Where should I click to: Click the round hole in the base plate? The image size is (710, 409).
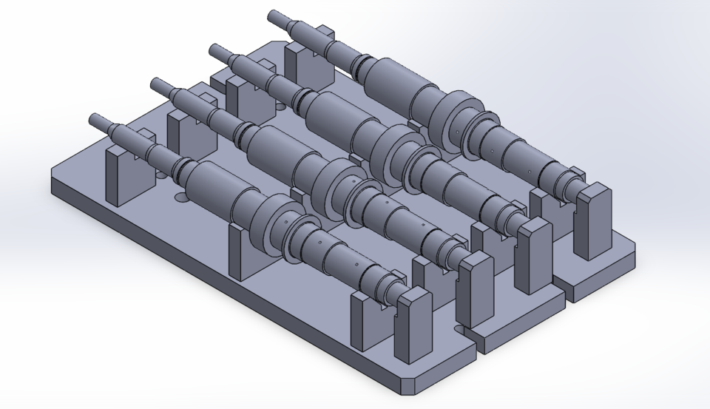point(180,197)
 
